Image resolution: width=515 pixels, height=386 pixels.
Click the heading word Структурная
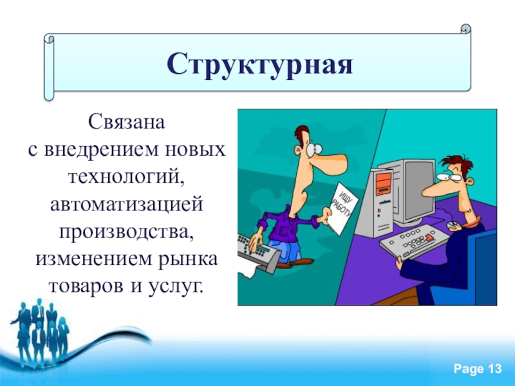point(260,64)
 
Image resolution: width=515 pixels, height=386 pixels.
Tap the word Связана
point(126,122)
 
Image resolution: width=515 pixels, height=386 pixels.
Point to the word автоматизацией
point(126,204)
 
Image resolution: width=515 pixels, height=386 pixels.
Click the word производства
point(126,232)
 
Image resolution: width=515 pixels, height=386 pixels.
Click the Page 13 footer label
point(478,369)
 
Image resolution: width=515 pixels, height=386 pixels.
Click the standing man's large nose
point(330,162)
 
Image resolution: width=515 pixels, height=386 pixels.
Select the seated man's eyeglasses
point(450,178)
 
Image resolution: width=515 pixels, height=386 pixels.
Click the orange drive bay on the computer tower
point(383,185)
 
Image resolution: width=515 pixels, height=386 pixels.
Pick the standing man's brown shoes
point(295,263)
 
